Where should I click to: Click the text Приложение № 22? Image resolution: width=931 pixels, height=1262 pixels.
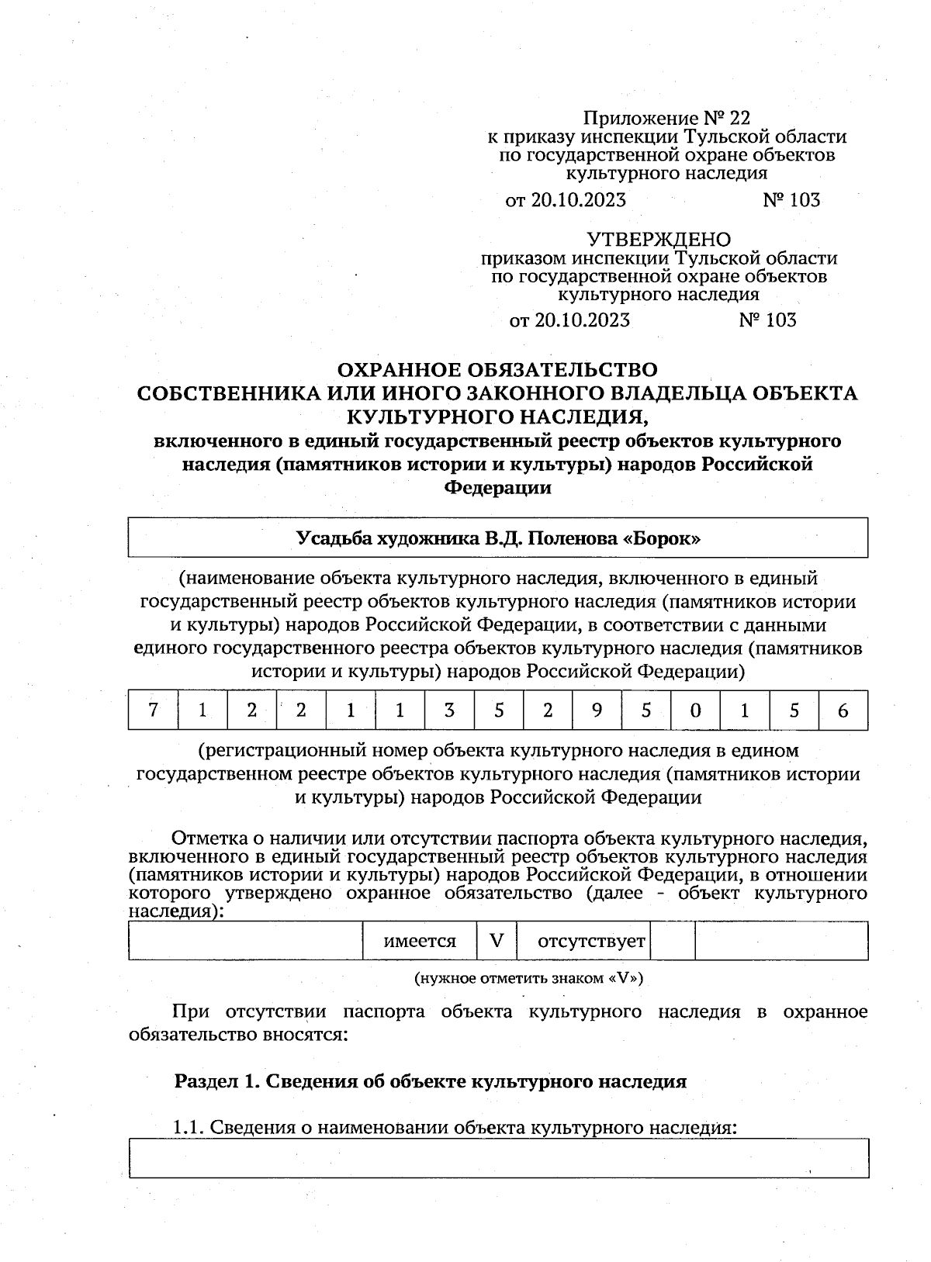(x=666, y=118)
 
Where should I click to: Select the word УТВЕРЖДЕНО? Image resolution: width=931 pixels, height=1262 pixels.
(x=658, y=239)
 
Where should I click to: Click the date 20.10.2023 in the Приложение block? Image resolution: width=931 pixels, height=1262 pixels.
(x=579, y=200)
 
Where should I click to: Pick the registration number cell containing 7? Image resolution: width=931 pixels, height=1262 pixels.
(x=153, y=711)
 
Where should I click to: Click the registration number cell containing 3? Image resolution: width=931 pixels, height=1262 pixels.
(x=448, y=711)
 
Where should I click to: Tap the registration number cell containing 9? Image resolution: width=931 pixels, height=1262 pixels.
(x=596, y=711)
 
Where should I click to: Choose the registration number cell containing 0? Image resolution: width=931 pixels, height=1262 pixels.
(x=695, y=711)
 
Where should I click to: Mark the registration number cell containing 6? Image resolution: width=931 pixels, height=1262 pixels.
(x=843, y=711)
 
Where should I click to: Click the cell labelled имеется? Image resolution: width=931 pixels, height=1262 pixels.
(x=420, y=941)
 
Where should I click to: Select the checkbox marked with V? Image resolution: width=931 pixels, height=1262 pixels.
(x=497, y=941)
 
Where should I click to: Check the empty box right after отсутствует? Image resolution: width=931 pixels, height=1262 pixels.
(x=672, y=941)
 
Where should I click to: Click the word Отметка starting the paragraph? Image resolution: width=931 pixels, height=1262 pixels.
(x=206, y=838)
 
